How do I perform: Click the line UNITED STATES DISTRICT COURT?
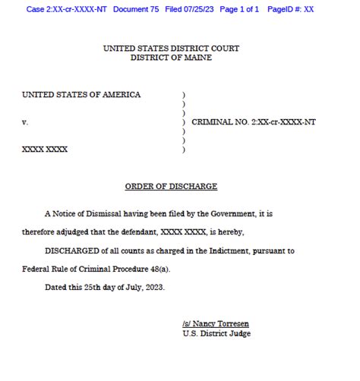point(171,49)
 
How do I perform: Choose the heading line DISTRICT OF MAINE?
point(171,58)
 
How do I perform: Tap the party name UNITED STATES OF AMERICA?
point(81,95)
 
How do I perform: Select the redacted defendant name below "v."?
point(45,150)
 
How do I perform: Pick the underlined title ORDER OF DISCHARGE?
point(171,186)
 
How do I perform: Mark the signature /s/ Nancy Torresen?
point(216,323)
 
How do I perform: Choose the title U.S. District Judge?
point(216,333)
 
